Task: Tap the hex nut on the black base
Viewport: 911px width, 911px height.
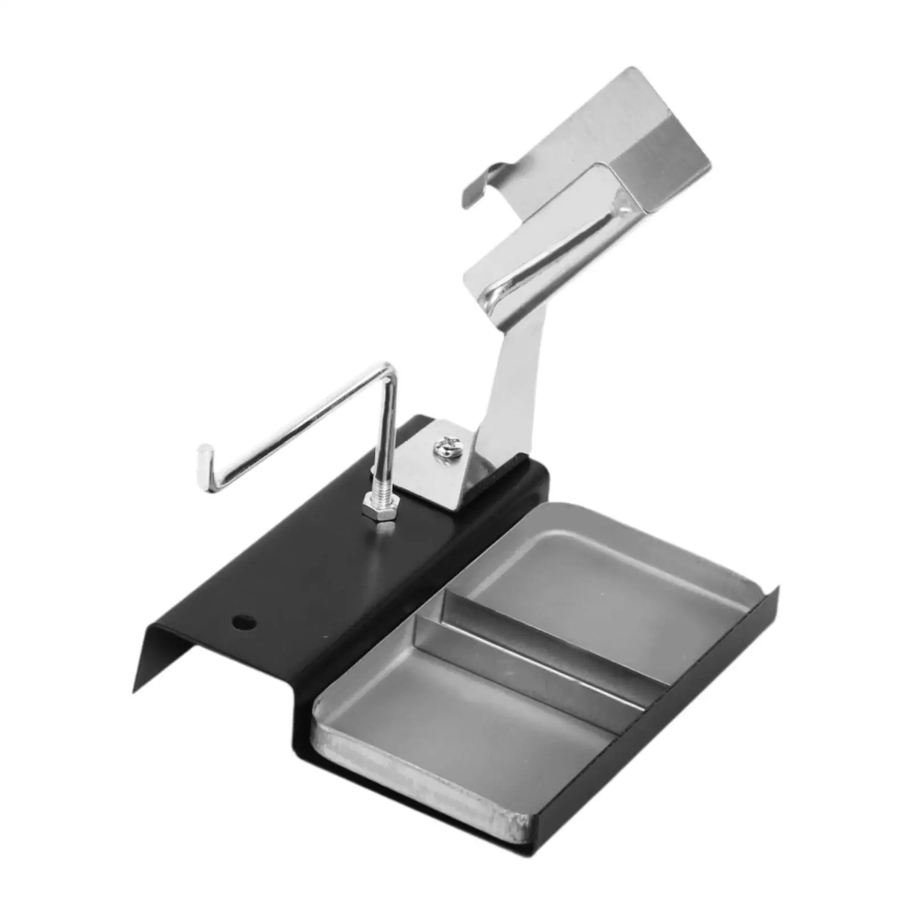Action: tap(379, 508)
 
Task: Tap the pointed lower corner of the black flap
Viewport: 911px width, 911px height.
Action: tap(134, 691)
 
